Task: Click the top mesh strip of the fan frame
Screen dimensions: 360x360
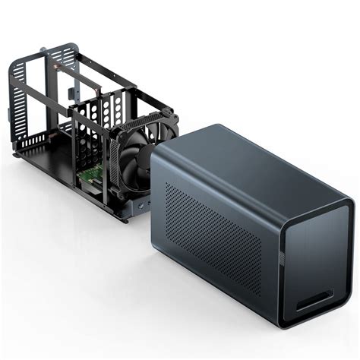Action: [x=141, y=114]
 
